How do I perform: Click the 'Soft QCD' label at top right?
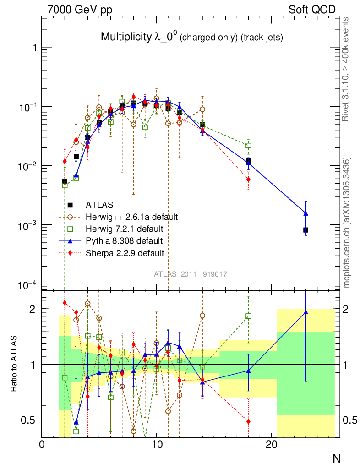pos(312,10)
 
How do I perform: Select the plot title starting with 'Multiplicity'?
pos(191,38)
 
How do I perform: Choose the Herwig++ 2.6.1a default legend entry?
pos(131,217)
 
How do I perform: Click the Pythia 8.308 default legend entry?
pos(124,240)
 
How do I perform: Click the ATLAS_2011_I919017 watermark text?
pos(190,274)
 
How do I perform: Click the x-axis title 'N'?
pos(337,458)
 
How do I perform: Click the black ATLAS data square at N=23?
pos(306,230)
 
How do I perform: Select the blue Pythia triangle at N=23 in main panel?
pos(306,213)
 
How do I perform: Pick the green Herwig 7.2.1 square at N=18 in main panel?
pos(248,146)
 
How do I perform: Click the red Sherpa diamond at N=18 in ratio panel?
pos(248,421)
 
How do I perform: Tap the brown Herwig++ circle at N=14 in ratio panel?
pos(202,316)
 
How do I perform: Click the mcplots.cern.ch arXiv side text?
pos(347,222)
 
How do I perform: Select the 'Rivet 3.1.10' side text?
pos(347,69)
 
